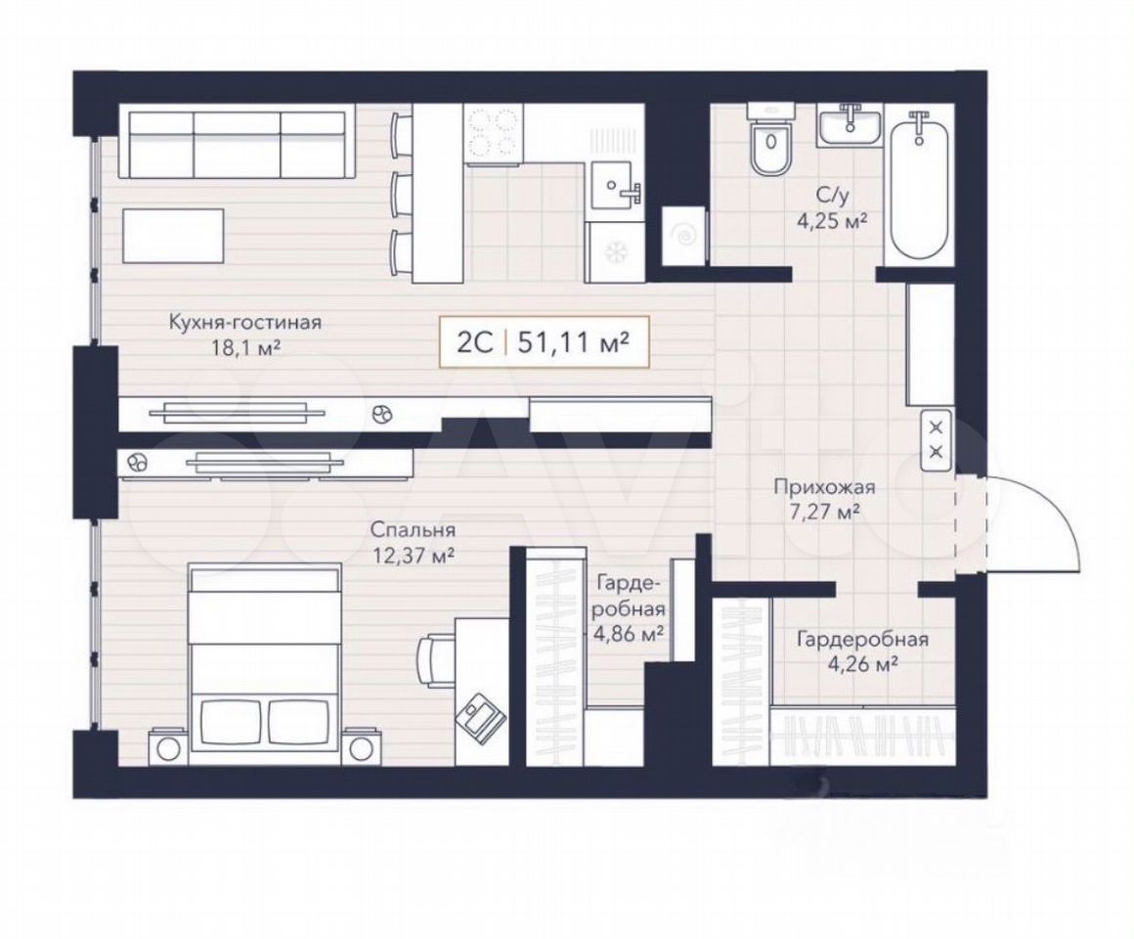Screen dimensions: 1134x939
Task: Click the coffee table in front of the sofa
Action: tap(174, 236)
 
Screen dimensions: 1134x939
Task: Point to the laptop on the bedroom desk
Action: tap(479, 712)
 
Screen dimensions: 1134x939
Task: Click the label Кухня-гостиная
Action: tap(244, 321)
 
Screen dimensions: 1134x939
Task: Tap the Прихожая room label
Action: tap(824, 487)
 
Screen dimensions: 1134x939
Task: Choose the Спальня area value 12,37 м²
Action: tap(413, 556)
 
